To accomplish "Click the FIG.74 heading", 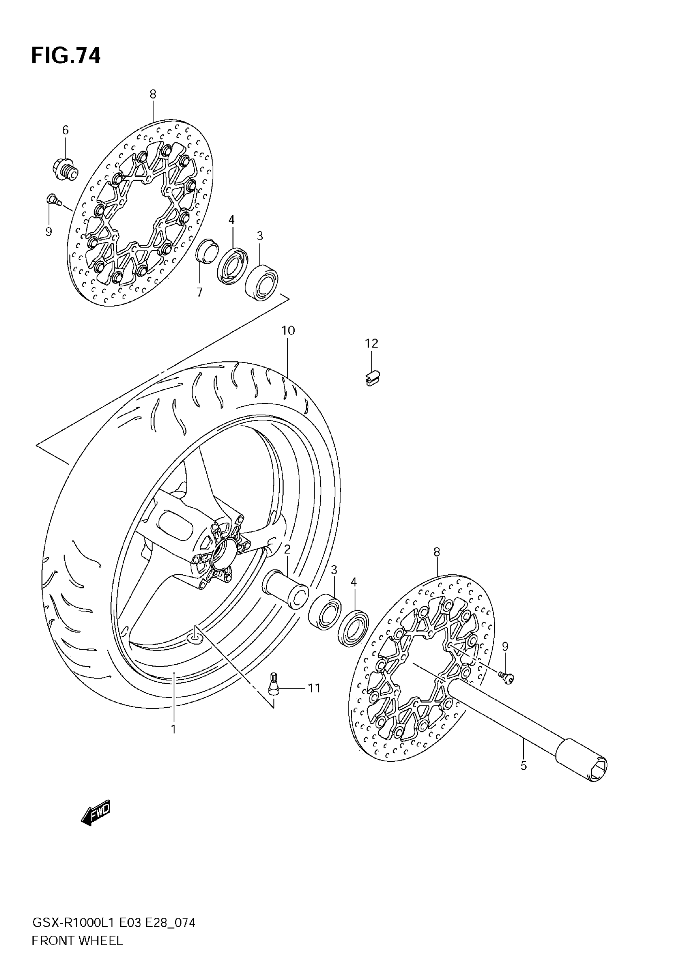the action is [x=66, y=55].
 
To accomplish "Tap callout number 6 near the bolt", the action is [x=66, y=130].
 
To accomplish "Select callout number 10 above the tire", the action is [x=288, y=330].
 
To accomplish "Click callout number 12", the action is [x=372, y=344].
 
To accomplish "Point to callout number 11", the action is [x=314, y=688].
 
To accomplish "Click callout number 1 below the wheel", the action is [x=173, y=730].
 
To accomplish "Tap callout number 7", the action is [x=199, y=292].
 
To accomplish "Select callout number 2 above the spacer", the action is [x=287, y=549].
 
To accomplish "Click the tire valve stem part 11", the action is [x=274, y=685].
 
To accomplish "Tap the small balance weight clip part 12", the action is [x=372, y=377].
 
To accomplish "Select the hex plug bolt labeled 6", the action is [x=65, y=169].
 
